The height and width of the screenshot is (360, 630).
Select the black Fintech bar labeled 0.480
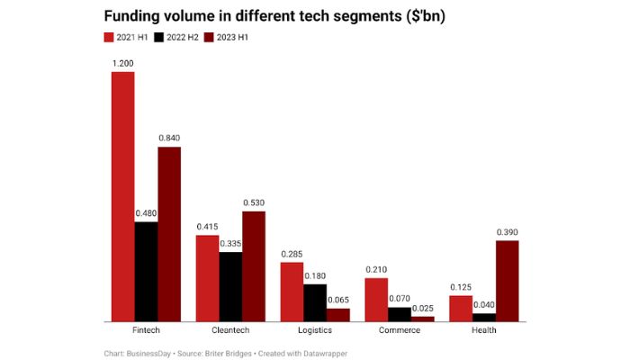click(146, 271)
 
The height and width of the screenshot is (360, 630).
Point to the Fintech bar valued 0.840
click(169, 233)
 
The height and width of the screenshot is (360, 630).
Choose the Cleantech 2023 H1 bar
click(254, 265)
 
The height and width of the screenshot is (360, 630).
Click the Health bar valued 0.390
click(508, 280)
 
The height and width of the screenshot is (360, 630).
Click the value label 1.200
click(122, 63)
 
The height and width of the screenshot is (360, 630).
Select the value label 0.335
click(230, 243)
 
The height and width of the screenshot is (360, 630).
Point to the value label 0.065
click(338, 300)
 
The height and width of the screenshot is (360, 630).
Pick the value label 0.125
click(461, 287)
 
